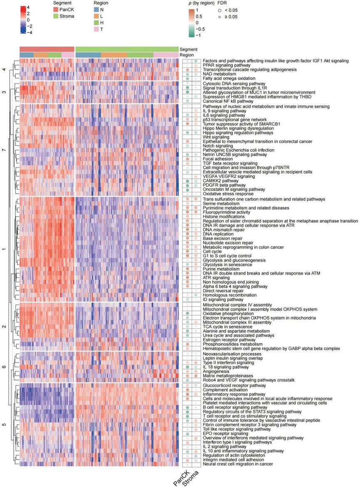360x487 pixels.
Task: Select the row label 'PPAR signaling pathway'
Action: (225, 65)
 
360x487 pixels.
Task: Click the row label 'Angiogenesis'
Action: (215, 371)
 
